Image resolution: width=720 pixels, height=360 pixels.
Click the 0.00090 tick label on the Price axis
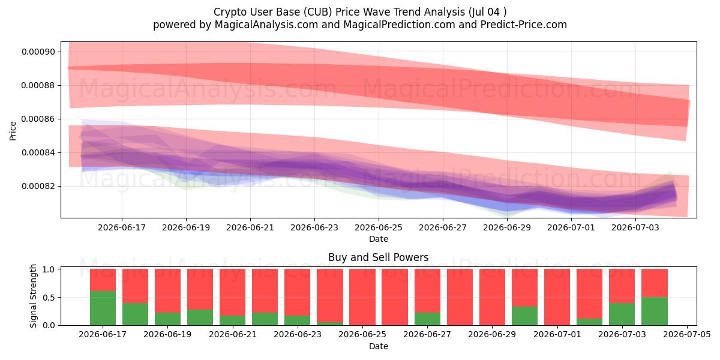coord(38,52)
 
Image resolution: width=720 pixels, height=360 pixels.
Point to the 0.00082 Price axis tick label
coord(38,187)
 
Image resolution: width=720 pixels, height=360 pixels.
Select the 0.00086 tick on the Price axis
coord(38,119)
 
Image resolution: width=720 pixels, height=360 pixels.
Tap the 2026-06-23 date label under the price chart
coord(314,227)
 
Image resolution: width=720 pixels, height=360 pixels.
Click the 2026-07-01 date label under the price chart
coord(571,227)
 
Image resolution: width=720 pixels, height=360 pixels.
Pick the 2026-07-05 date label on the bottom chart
coord(687,334)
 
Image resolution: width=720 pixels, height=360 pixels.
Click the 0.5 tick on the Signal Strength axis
coord(48,298)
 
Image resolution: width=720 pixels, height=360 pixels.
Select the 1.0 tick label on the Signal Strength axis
coord(48,269)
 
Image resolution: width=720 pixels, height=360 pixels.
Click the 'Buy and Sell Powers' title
coord(379,257)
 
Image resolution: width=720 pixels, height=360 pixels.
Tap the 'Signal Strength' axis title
coord(33,296)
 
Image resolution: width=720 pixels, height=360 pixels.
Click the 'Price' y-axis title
coord(13,131)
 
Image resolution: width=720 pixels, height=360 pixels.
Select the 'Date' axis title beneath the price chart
coord(379,239)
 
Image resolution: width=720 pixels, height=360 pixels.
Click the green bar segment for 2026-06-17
coord(103,308)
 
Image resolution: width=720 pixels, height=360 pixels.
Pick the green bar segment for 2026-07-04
coord(655,311)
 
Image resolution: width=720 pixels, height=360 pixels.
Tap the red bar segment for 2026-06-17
coord(103,280)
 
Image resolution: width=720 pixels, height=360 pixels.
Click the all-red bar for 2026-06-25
coord(362,297)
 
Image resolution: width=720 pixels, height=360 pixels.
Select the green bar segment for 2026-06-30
coord(524,316)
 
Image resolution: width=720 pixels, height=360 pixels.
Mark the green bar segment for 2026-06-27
coord(427,319)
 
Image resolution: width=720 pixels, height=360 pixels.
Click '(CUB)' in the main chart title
coord(317,12)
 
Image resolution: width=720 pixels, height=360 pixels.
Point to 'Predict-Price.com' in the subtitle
coord(524,25)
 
